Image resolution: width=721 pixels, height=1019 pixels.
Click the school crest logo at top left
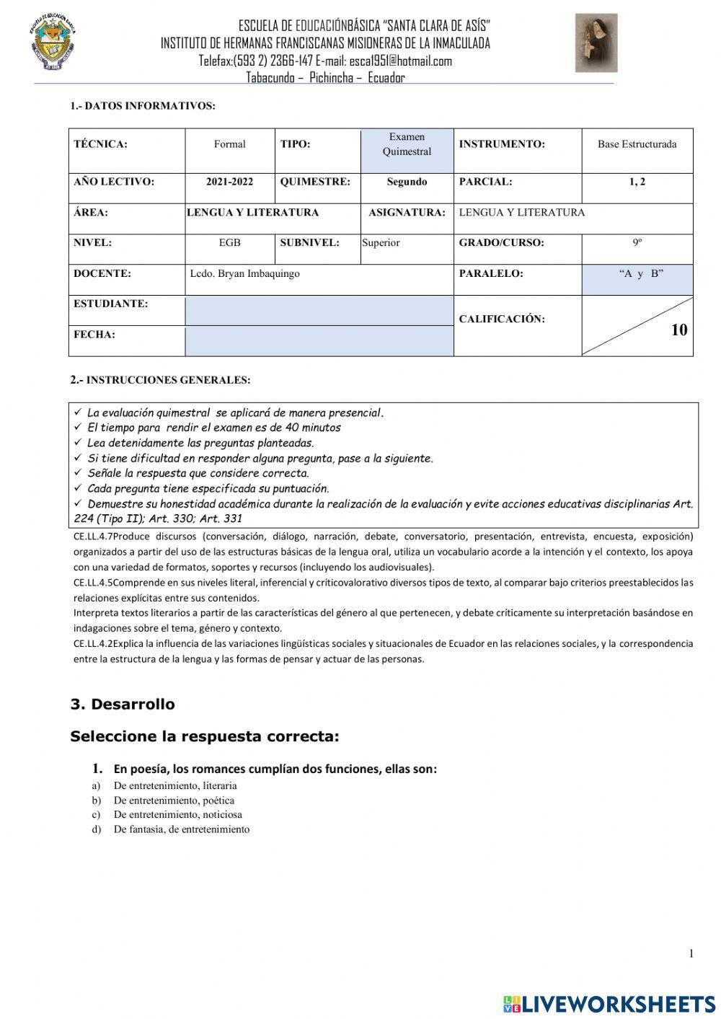point(53,43)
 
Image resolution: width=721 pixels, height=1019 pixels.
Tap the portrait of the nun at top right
point(596,43)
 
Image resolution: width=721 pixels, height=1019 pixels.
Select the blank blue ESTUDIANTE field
point(319,311)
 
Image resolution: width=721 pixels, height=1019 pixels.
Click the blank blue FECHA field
point(319,341)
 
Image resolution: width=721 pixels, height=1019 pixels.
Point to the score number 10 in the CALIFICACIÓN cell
point(678,330)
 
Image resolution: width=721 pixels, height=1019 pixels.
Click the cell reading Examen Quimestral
point(407,144)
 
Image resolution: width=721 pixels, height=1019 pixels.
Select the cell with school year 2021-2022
point(229,182)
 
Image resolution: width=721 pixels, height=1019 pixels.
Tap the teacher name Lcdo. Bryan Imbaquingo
point(245,274)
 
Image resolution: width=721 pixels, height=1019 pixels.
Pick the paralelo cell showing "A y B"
point(637,274)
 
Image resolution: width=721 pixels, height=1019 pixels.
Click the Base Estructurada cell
point(637,144)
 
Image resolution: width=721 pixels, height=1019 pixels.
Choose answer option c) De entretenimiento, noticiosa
point(177,815)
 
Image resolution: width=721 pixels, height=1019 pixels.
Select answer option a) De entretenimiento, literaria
point(174,786)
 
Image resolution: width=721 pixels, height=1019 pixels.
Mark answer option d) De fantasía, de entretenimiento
point(181,829)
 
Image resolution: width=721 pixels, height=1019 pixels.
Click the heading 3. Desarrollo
point(123,704)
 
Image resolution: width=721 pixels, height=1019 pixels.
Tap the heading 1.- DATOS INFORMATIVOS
point(143,106)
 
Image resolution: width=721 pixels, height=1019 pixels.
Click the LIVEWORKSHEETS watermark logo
point(609,1003)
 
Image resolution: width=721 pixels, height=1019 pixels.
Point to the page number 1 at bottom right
point(691,953)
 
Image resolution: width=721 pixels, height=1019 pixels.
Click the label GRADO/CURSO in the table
point(501,243)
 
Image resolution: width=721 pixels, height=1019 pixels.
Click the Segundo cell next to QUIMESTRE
point(407,182)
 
